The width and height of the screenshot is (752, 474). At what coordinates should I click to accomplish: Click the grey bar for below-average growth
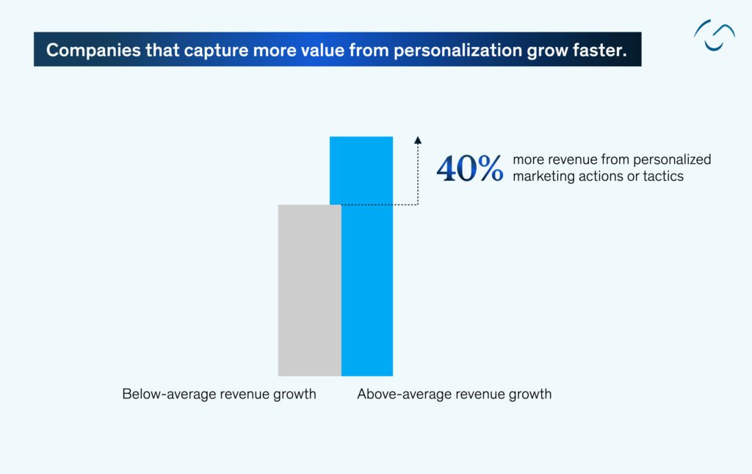click(x=309, y=290)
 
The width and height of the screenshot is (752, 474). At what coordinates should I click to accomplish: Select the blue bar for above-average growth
click(x=367, y=257)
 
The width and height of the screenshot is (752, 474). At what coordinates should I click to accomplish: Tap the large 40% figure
click(x=470, y=168)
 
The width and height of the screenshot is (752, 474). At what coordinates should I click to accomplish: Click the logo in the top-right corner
click(x=714, y=35)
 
